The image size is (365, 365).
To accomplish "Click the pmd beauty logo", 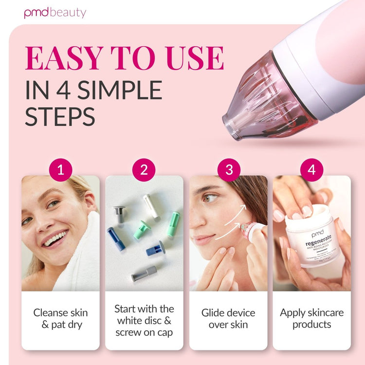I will pyautogui.click(x=55, y=12).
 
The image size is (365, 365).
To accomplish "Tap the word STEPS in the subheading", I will pyautogui.click(x=60, y=117).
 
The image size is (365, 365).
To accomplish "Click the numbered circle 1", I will pyautogui.click(x=61, y=170).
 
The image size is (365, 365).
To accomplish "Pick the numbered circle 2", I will pyautogui.click(x=144, y=170).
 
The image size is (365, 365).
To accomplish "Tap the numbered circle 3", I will pyautogui.click(x=228, y=170).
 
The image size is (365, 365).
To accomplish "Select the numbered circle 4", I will pyautogui.click(x=312, y=170).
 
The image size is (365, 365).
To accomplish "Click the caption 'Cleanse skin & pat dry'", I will pyautogui.click(x=60, y=318).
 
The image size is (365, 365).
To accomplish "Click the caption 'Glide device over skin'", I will pyautogui.click(x=228, y=318).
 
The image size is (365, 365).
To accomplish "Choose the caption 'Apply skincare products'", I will pyautogui.click(x=312, y=318).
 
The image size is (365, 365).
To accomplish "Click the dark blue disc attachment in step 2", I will pyautogui.click(x=116, y=238).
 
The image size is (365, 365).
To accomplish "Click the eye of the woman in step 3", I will pyautogui.click(x=210, y=198).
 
